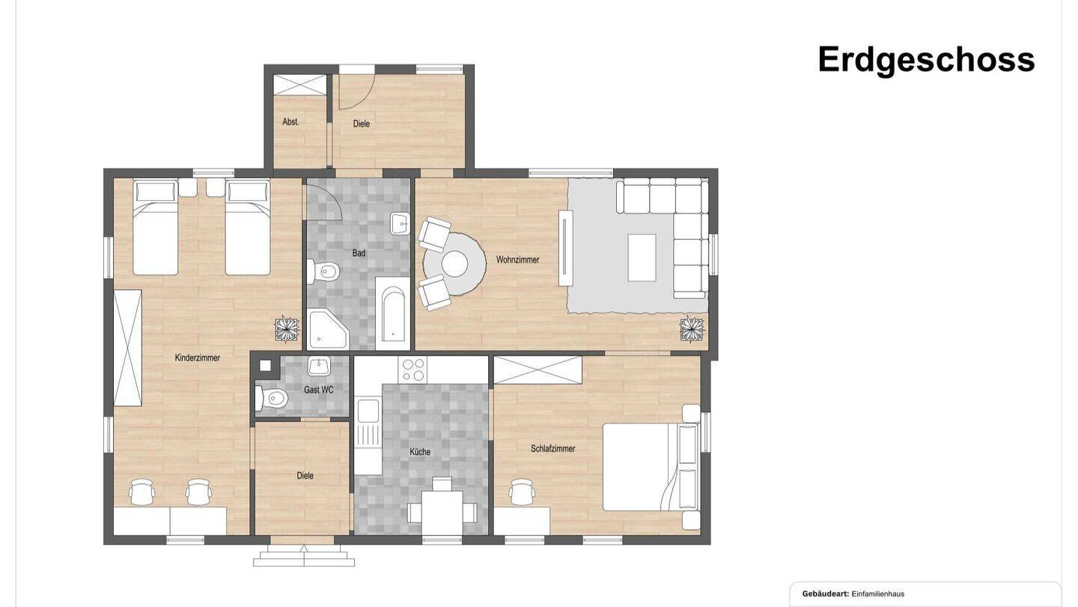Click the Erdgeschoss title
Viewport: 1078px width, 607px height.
[925, 60]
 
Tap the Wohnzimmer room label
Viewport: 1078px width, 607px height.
[517, 260]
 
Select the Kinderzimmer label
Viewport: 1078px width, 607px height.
[198, 358]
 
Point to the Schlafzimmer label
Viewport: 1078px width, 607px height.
[553, 449]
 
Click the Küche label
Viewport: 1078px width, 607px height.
[420, 452]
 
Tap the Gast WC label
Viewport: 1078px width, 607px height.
[319, 390]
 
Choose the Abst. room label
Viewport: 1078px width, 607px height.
[291, 121]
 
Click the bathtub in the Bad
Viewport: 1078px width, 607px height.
[393, 315]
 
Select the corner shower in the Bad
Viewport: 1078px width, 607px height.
[327, 330]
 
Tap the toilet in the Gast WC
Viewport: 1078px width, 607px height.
[273, 398]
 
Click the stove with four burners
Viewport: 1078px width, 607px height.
[413, 369]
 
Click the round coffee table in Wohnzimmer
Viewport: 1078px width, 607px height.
[454, 264]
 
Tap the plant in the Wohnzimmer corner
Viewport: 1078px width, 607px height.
[692, 329]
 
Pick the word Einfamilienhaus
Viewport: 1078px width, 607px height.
[877, 594]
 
